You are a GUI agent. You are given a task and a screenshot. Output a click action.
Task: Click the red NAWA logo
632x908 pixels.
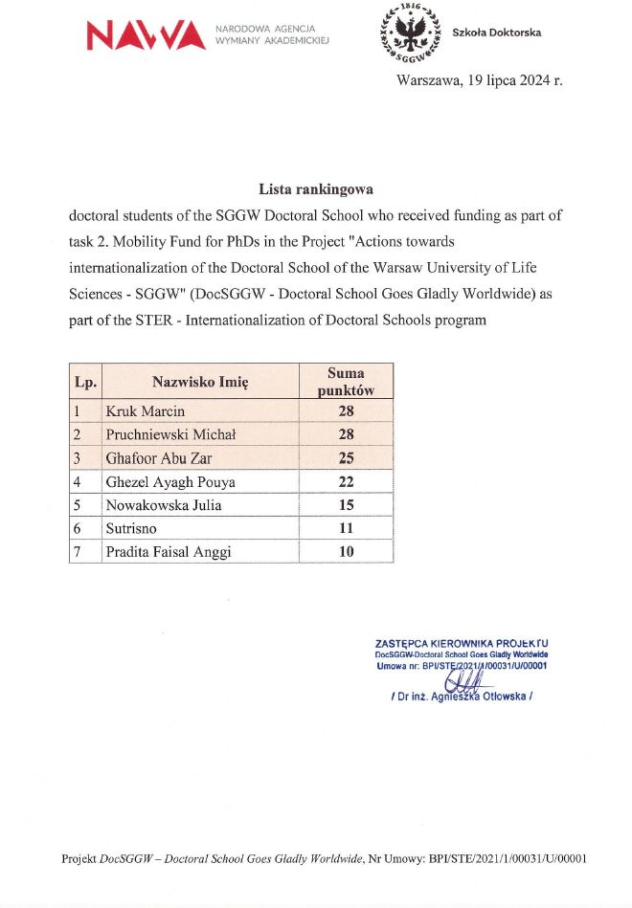point(146,36)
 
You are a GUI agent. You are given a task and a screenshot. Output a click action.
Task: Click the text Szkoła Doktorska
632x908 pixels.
point(496,33)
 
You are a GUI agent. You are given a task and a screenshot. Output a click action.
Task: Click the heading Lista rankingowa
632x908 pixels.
point(315,189)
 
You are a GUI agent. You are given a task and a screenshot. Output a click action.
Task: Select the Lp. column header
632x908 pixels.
point(84,382)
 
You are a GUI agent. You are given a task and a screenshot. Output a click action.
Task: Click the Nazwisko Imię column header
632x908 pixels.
point(200,382)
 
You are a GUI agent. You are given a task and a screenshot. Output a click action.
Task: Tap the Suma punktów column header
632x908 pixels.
point(346,382)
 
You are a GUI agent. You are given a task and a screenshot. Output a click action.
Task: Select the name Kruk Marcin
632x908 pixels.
point(145,411)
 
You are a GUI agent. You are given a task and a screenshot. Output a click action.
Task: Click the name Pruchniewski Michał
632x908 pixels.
point(170,434)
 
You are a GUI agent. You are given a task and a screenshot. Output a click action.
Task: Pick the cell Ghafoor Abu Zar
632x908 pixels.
point(159,458)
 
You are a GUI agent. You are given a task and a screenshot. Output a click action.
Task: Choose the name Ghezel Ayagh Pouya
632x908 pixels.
point(169,481)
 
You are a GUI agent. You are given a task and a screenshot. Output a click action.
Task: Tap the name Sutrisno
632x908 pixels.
point(132,528)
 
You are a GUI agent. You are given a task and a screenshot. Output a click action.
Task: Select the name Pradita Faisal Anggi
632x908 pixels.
point(169,551)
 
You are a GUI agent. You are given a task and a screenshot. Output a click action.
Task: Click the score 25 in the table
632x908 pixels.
point(346,458)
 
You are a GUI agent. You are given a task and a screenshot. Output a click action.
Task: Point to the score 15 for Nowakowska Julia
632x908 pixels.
point(346,505)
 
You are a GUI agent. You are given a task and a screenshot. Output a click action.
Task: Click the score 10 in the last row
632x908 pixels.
point(346,551)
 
